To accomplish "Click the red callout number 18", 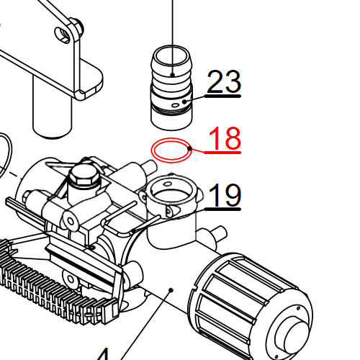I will [x=224, y=138].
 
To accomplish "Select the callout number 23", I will [x=224, y=83].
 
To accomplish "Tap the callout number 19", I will [x=225, y=194].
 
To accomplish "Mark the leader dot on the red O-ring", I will [x=189, y=148].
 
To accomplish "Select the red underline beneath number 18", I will [x=222, y=153].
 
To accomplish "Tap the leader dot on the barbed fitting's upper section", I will [x=174, y=74].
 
